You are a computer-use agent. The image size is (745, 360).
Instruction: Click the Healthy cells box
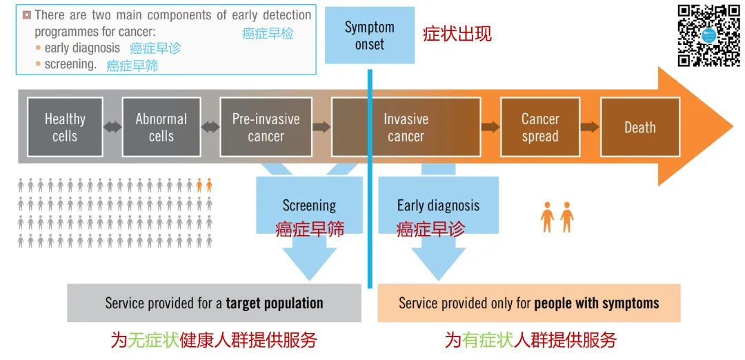pos(65,127)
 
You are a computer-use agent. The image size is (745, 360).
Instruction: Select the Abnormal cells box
pos(161,127)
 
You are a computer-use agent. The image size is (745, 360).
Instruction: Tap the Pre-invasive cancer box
pos(266,127)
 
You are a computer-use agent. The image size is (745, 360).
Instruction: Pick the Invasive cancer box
pos(406,127)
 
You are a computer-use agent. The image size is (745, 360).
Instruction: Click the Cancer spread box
pos(539,127)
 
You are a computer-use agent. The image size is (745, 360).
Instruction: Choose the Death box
pos(639,127)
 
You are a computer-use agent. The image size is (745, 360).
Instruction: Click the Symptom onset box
pos(370,35)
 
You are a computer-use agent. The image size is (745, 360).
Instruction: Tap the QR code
pos(708,35)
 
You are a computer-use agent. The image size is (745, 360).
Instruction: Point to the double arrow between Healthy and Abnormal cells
pos(112,127)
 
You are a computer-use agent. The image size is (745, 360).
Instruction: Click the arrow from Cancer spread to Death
pos(590,127)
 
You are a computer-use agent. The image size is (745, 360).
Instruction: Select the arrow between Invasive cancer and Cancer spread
pos(490,127)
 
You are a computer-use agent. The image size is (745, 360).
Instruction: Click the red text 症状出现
pos(457,34)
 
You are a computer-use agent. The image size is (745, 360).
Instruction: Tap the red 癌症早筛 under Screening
pos(310,228)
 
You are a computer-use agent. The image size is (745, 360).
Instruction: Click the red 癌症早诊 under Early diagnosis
pos(430,228)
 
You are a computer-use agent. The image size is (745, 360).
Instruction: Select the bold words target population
pos(275,303)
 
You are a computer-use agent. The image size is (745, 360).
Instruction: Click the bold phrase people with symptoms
pos(597,303)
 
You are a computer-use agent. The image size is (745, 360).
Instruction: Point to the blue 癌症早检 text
pos(267,33)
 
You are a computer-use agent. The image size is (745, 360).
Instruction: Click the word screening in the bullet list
pos(70,64)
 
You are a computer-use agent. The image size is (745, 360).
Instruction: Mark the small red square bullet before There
pos(27,14)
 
